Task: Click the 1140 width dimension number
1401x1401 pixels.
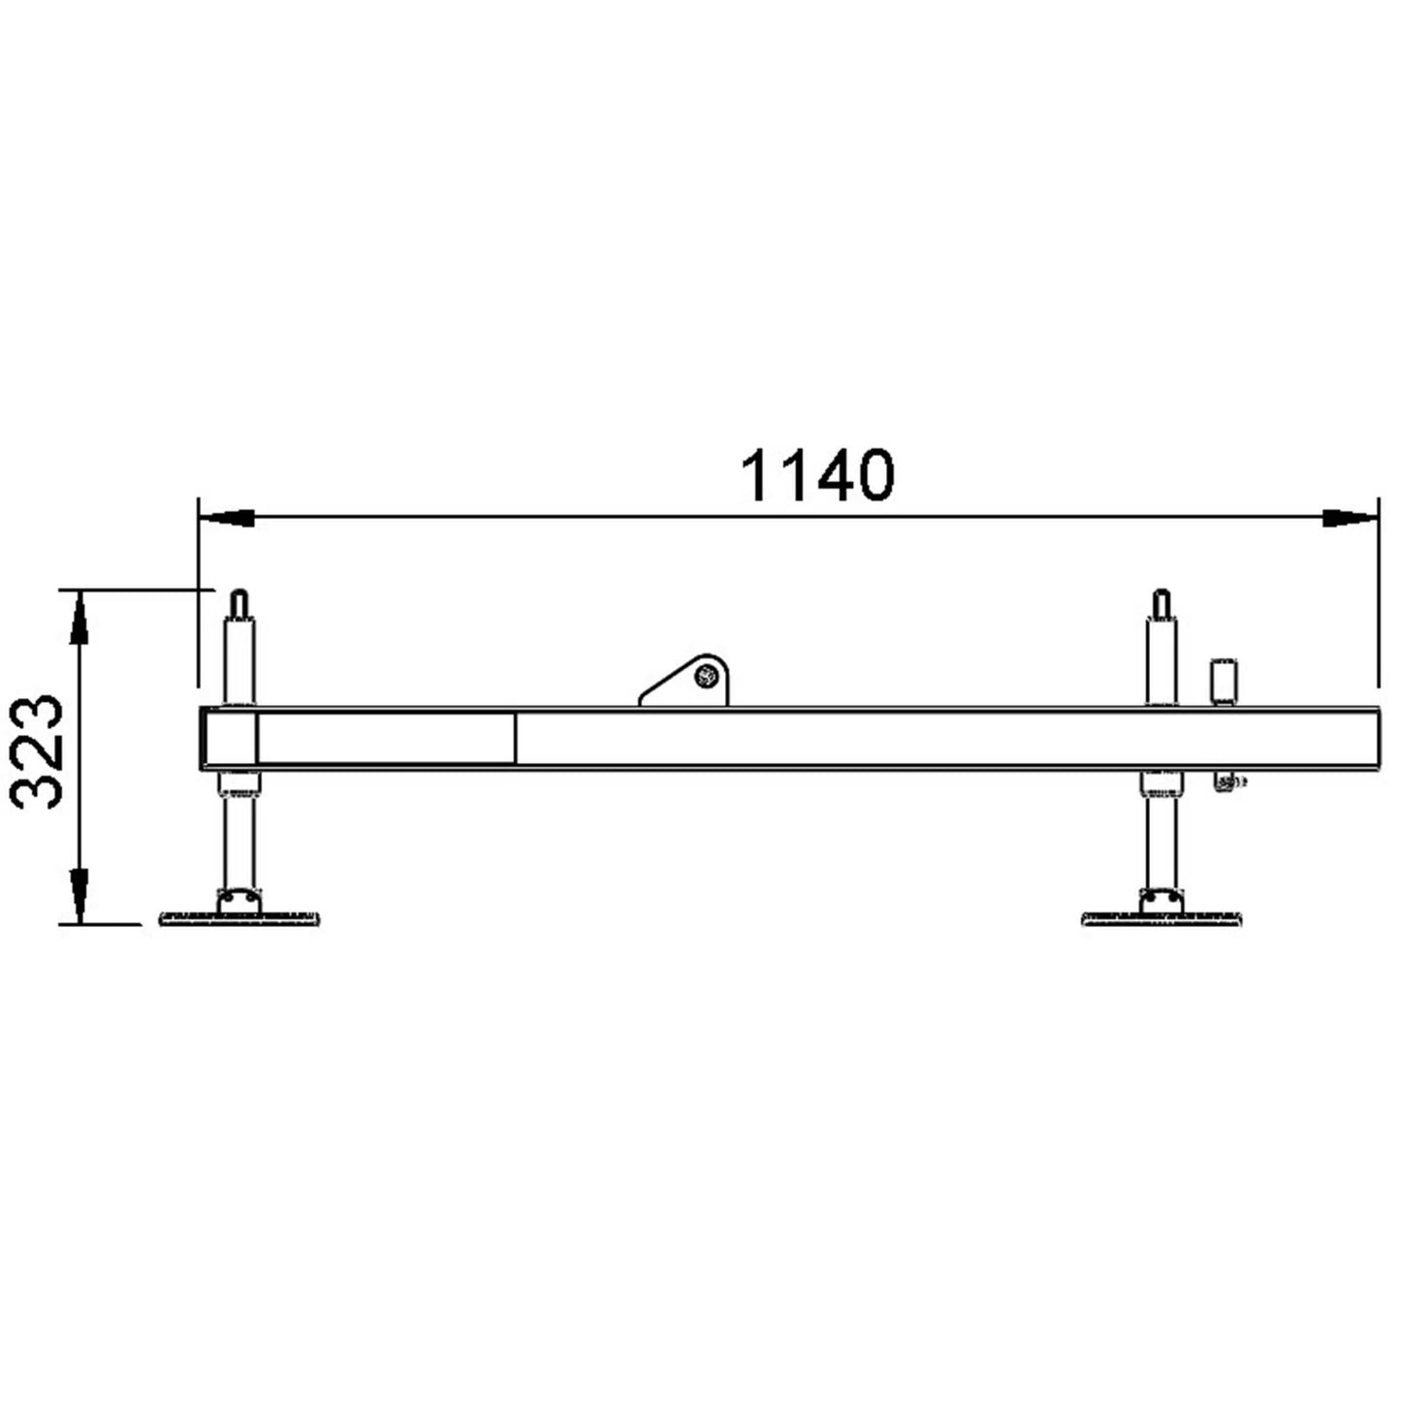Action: [x=817, y=475]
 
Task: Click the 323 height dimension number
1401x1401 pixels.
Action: [x=36, y=751]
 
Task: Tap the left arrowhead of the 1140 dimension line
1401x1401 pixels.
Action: [x=226, y=518]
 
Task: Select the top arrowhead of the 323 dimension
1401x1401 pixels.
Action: [x=79, y=618]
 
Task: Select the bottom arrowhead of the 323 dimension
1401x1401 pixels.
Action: [x=79, y=897]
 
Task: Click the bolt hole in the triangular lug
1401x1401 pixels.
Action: [x=705, y=676]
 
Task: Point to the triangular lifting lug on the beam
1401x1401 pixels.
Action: [x=685, y=680]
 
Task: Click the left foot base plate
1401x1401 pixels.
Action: [x=239, y=920]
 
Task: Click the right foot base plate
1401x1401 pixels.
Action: [x=1162, y=920]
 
